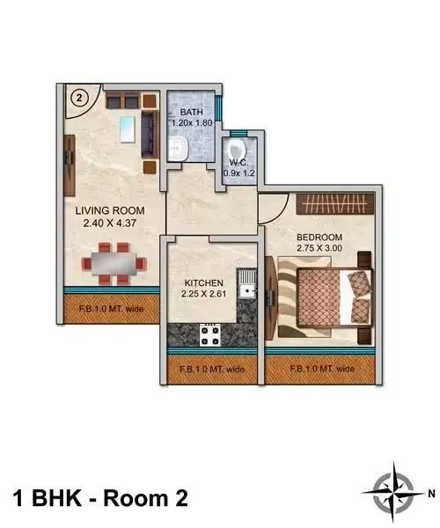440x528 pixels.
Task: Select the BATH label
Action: pos(191,113)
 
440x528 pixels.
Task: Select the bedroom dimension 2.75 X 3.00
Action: pos(319,249)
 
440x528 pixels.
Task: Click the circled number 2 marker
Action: pos(79,99)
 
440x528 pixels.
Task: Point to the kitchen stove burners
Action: pos(211,335)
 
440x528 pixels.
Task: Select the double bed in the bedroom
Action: pos(330,299)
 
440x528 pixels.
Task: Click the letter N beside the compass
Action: pos(430,494)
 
